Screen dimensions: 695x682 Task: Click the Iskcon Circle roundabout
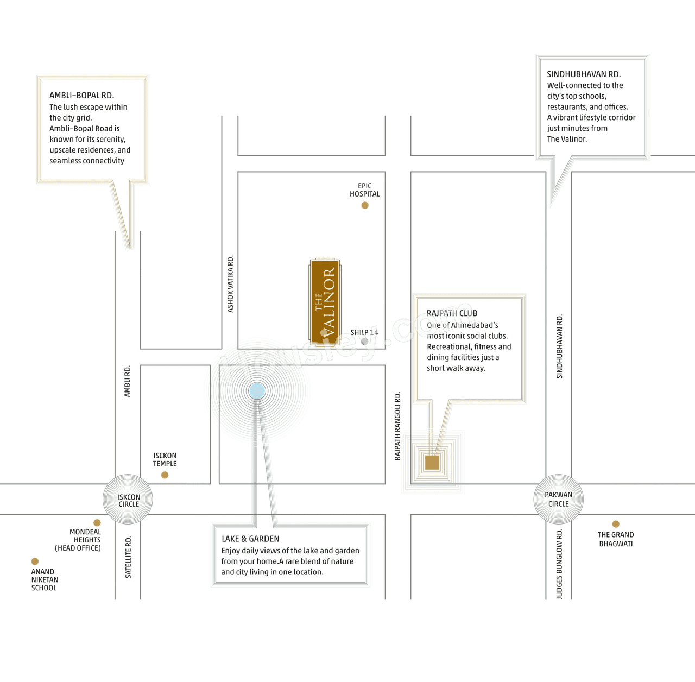(128, 500)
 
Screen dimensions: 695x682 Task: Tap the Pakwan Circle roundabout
(558, 500)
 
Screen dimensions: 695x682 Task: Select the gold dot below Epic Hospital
(365, 205)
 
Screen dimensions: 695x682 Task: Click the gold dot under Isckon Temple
(165, 475)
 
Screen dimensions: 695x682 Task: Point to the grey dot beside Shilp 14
(365, 342)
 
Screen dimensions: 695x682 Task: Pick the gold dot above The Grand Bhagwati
(616, 524)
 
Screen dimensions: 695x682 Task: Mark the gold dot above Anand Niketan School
(35, 561)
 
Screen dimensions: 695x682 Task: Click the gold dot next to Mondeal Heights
(97, 522)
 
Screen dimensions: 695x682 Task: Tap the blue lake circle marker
(257, 391)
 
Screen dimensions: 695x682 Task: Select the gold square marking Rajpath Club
(432, 463)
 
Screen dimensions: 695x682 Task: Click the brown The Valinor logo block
(325, 302)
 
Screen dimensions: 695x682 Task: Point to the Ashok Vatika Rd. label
(230, 284)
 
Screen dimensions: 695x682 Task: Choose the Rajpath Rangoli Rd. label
(397, 426)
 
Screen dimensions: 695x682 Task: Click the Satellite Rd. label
(128, 557)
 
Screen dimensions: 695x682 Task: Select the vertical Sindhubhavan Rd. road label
(559, 346)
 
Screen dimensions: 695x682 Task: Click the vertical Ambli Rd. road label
(127, 381)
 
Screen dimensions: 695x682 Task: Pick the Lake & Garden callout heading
(250, 539)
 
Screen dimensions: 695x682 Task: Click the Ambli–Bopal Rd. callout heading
(81, 95)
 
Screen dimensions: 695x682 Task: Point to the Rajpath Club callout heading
(452, 313)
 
